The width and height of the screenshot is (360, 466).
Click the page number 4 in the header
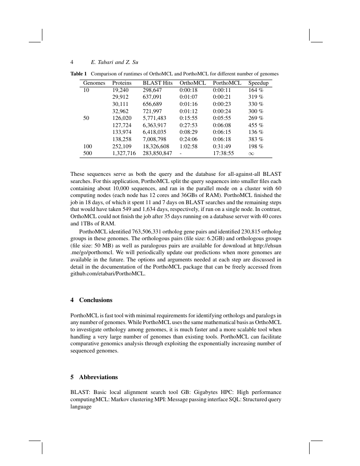point(72,62)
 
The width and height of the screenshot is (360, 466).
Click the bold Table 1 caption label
point(78,74)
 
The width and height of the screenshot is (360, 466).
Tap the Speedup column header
point(258,83)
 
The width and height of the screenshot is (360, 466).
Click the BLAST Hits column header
point(158,83)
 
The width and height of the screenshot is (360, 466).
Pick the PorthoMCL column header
point(227,83)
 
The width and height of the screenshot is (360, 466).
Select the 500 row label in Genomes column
point(87,153)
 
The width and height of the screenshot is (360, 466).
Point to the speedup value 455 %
point(256,125)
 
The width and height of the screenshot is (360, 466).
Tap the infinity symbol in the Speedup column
point(252,153)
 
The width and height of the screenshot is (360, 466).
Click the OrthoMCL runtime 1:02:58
point(188,146)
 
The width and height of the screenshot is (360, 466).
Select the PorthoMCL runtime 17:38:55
point(223,153)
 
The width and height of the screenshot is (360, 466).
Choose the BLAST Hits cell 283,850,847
point(157,153)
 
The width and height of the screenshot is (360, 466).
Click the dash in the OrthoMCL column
point(181,153)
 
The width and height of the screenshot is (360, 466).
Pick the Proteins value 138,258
point(122,139)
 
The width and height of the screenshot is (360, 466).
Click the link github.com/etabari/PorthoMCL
point(108,274)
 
